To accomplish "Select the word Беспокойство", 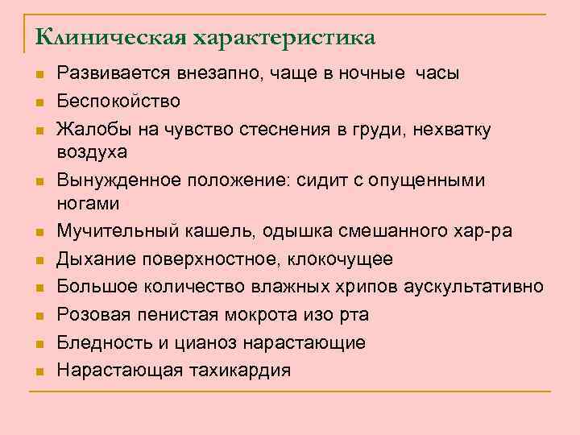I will click(x=118, y=101).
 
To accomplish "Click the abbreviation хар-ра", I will click(x=482, y=232).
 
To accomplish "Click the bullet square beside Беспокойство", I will click(x=39, y=102).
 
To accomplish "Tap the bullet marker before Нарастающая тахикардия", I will click(x=39, y=371).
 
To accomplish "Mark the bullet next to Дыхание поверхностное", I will click(x=39, y=260).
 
